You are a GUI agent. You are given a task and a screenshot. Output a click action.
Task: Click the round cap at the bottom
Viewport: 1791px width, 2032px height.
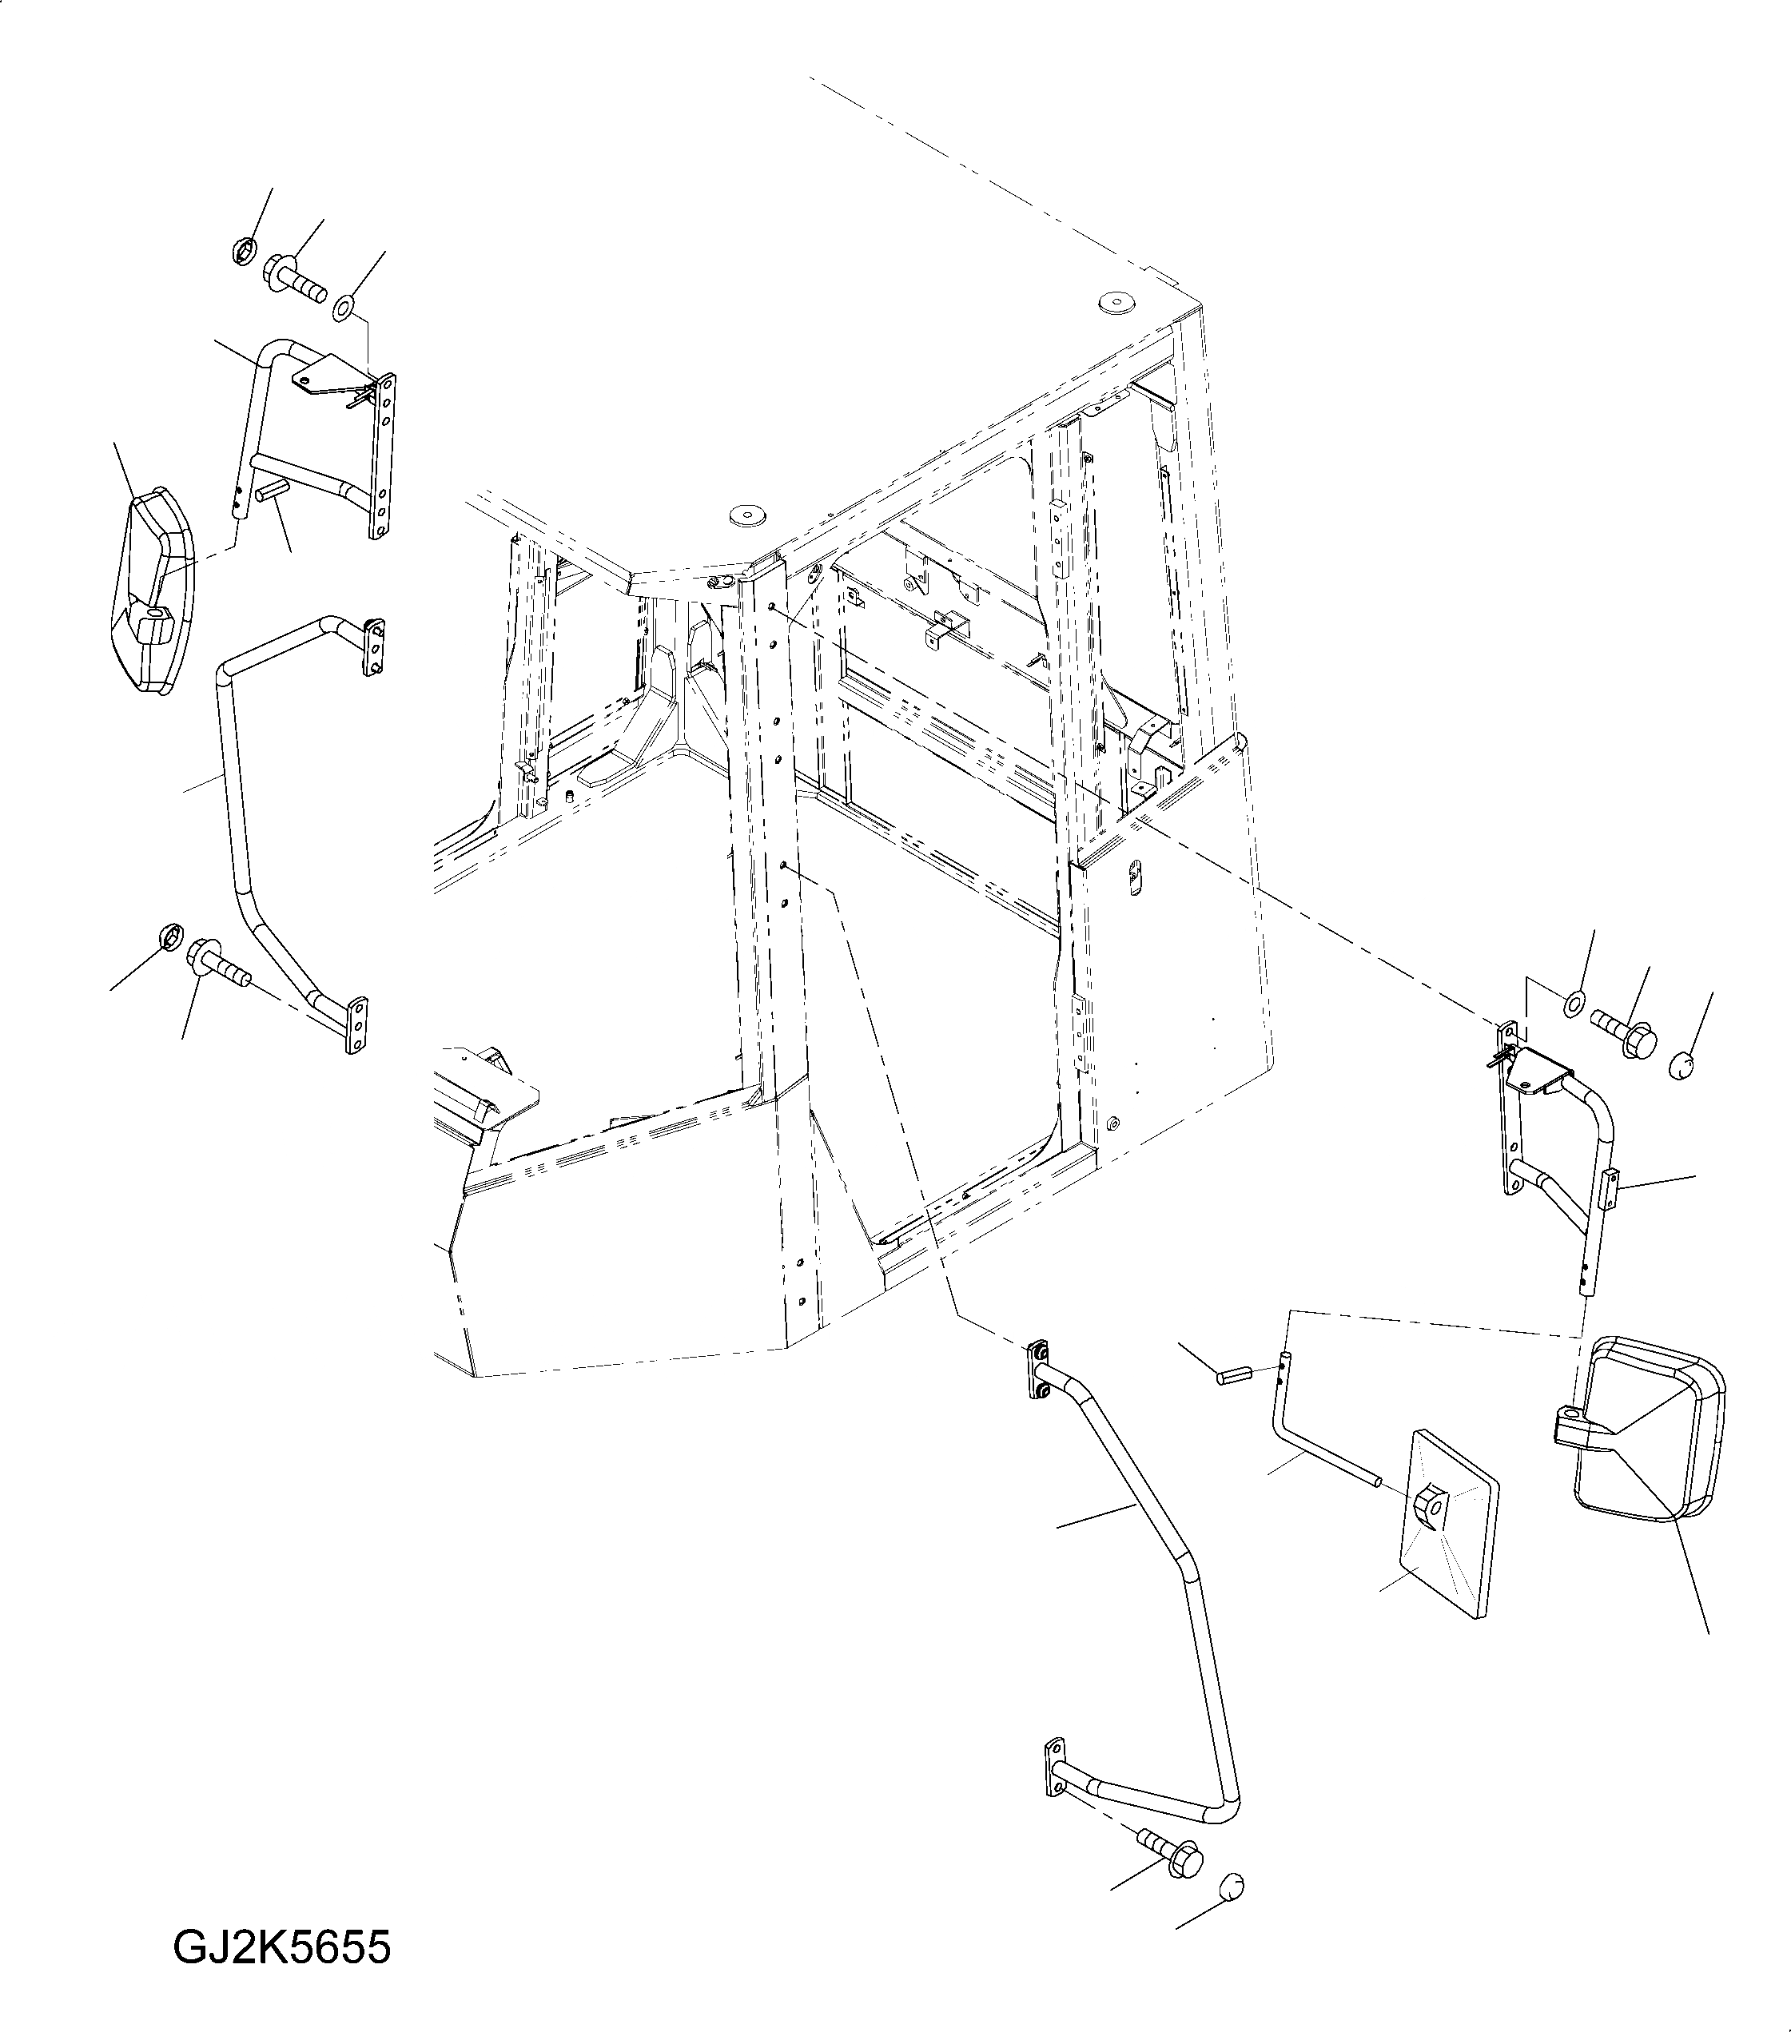click(x=1230, y=1886)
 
